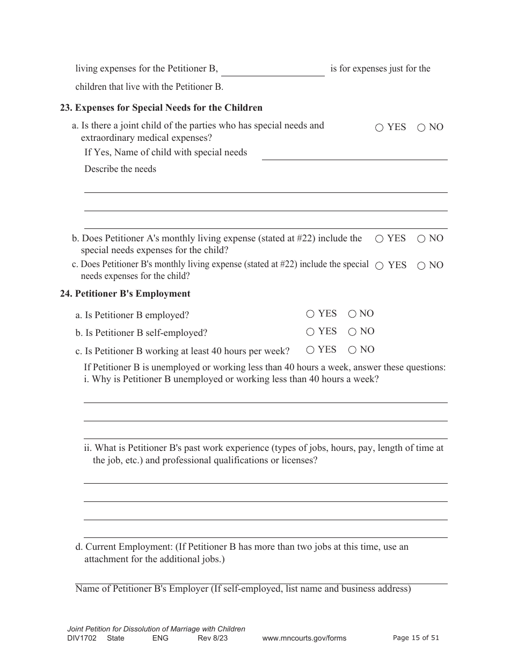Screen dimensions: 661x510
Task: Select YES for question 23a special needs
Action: [x=380, y=127]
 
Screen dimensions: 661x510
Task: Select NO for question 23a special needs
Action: [x=421, y=127]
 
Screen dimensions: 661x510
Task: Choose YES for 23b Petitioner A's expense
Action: [x=380, y=239]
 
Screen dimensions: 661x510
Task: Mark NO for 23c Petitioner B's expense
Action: [x=421, y=265]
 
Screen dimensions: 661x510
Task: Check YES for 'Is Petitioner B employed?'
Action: [x=310, y=314]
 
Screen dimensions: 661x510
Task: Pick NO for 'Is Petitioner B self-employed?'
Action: [x=352, y=332]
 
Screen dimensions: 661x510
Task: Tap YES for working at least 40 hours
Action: [x=310, y=350]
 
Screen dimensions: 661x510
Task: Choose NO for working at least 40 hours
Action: [x=352, y=350]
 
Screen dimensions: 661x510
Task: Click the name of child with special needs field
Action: [x=354, y=153]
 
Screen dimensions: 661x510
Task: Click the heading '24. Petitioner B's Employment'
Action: [x=125, y=293]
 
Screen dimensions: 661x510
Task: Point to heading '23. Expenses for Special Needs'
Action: [x=161, y=107]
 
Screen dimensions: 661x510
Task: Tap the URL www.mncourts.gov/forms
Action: [x=304, y=638]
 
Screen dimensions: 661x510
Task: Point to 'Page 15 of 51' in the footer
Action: [x=416, y=638]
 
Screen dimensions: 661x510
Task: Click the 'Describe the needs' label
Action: [x=120, y=169]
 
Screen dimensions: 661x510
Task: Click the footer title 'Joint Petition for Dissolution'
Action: [x=156, y=629]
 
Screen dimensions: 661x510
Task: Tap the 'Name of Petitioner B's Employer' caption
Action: [x=243, y=588]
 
